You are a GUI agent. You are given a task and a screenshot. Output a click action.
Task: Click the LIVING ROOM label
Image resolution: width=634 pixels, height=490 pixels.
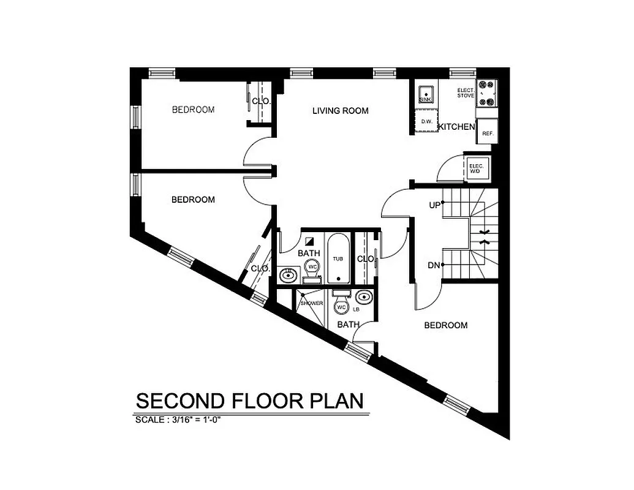(340, 111)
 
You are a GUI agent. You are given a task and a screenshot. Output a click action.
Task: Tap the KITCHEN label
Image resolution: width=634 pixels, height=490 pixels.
(456, 127)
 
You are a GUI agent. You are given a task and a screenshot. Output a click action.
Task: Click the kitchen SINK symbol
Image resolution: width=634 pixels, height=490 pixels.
(424, 92)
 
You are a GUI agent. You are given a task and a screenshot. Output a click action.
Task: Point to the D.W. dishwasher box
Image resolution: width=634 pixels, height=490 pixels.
(427, 122)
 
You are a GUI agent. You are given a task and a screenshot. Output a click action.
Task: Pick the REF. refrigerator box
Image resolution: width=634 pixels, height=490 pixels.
(488, 134)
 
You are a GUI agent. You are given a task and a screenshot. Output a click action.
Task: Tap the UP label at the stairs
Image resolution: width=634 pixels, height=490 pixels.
(434, 206)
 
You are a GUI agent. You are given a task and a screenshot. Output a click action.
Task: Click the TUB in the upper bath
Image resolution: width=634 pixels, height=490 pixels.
(338, 258)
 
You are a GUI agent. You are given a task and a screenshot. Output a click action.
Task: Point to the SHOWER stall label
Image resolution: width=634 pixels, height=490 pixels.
(311, 303)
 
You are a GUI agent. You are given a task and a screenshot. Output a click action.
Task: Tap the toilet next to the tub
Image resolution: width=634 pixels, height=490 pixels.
(312, 270)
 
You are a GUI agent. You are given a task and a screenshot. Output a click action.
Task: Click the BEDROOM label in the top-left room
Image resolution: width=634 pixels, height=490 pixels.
(193, 110)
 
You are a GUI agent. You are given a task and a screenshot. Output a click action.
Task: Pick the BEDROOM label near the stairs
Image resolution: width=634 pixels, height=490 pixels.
(445, 325)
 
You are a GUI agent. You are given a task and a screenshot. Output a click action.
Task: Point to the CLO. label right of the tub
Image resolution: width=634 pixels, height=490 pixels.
(366, 258)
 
